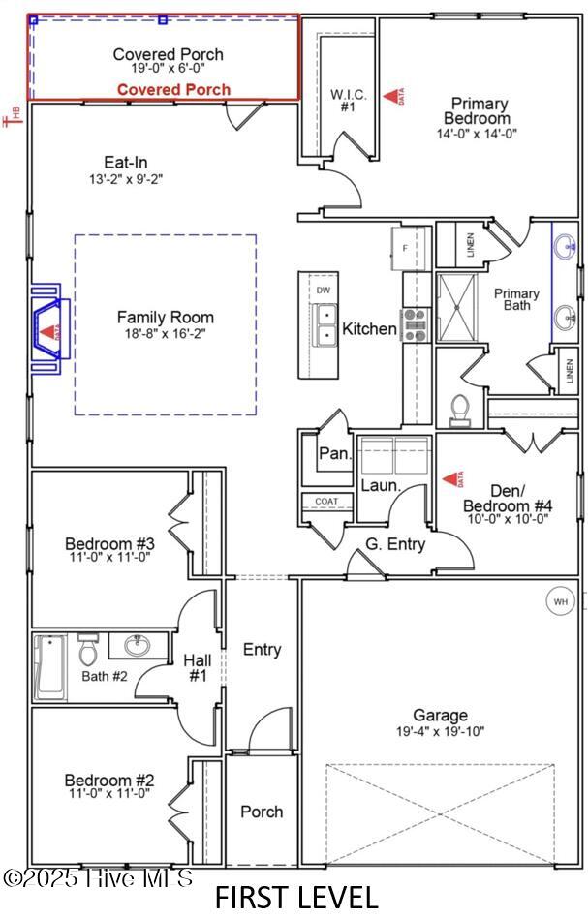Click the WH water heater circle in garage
click(560, 601)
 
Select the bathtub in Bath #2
click(49, 667)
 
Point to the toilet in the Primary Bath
click(461, 411)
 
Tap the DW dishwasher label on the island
click(323, 290)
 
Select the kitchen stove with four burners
click(417, 324)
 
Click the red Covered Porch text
click(174, 90)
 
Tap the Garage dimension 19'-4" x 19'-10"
click(440, 731)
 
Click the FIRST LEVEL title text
click(295, 897)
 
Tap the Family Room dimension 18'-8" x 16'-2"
click(166, 333)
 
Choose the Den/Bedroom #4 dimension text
click(508, 519)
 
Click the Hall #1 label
click(198, 667)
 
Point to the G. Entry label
click(395, 544)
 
